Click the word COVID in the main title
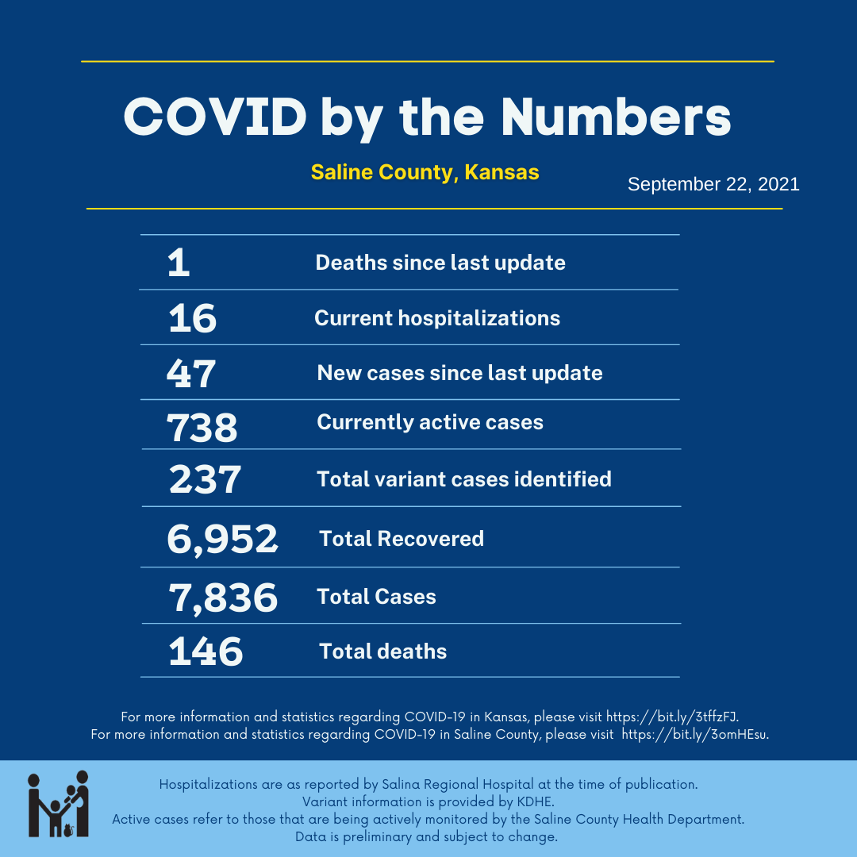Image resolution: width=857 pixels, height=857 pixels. coord(214,117)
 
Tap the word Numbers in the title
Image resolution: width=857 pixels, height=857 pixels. coord(616,117)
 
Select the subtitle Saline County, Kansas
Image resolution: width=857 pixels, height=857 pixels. coord(425,172)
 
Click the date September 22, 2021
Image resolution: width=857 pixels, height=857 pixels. coord(713,185)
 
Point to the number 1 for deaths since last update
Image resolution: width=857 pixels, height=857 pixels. coord(179,263)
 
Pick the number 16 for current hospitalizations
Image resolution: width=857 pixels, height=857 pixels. coord(193,319)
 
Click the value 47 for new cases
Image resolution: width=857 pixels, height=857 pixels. coord(191,374)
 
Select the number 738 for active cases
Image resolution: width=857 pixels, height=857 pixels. coord(202,427)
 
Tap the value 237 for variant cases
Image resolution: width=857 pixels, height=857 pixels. coord(205,480)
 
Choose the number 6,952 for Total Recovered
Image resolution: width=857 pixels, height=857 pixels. coord(222,540)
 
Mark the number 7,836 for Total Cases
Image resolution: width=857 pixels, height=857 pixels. coord(223,598)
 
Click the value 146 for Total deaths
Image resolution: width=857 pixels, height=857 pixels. coord(206,652)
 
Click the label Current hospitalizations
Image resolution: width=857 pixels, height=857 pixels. coord(437,318)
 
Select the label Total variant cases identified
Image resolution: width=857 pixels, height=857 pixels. coord(464,479)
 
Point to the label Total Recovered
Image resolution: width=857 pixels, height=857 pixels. coord(402,539)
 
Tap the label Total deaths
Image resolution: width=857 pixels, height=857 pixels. coord(383,651)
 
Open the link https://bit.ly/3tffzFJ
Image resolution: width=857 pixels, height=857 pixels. coord(672,716)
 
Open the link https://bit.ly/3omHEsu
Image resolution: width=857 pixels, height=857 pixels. coord(694,734)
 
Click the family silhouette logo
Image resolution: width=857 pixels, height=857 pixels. coord(59,804)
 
